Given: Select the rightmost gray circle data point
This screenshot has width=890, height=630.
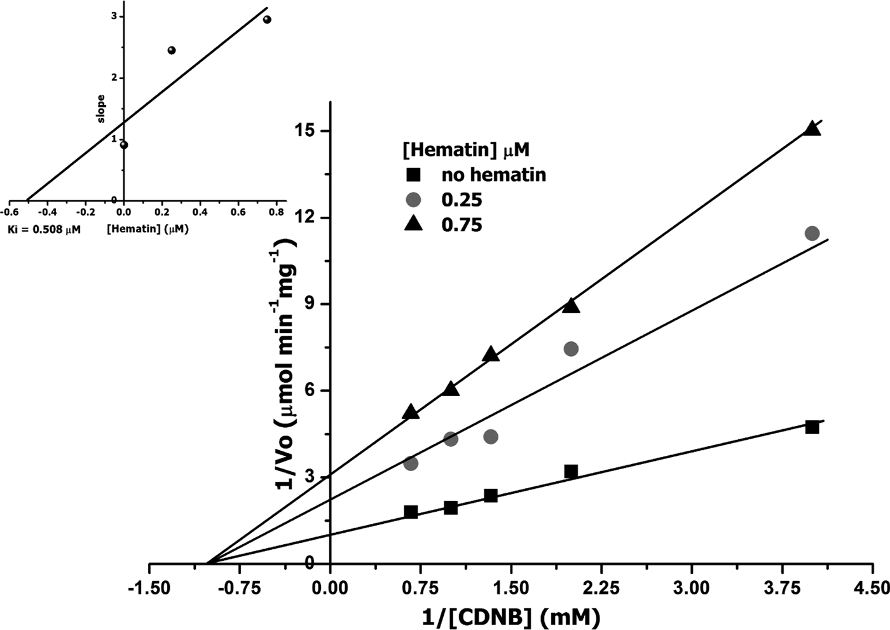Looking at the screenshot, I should (x=812, y=233).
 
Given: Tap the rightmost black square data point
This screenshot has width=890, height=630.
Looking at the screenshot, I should (x=812, y=427).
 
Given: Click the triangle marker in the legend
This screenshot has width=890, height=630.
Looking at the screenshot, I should (x=414, y=224).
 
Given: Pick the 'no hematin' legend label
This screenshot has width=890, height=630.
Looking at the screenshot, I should (x=493, y=175).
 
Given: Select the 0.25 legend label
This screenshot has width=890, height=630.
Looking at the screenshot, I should (x=462, y=200).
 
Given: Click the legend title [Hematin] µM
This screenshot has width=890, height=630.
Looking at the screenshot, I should (x=466, y=150).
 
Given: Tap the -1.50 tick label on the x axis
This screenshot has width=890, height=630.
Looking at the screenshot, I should (x=149, y=586).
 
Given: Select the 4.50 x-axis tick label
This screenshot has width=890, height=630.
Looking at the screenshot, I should (x=871, y=586).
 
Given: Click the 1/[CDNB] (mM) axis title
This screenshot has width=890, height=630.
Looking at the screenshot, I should (x=510, y=615).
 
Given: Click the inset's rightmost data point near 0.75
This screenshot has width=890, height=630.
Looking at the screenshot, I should (x=267, y=20).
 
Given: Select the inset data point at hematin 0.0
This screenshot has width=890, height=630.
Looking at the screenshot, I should (x=124, y=145).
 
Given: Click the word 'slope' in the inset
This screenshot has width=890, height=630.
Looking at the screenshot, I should (x=101, y=109).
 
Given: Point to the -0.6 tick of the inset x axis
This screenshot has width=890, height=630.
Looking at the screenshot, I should (x=10, y=212).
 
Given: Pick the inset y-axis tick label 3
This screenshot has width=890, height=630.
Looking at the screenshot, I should (x=113, y=16).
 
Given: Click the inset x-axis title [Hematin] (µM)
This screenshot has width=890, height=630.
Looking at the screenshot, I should (x=148, y=229).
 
